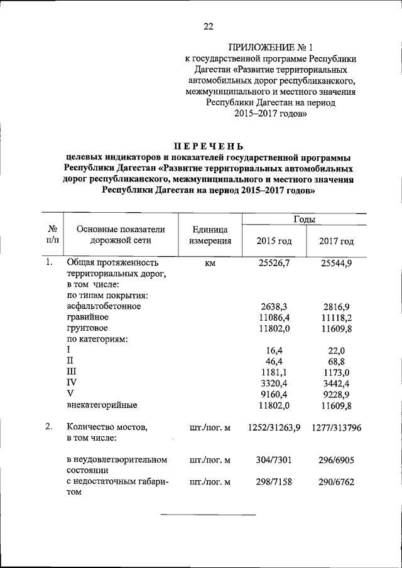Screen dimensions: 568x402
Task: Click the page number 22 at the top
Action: [x=209, y=26]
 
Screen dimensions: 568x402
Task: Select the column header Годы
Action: [x=304, y=219]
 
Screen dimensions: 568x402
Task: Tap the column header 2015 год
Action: [x=274, y=242]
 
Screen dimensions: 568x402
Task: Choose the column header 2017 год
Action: [x=336, y=242]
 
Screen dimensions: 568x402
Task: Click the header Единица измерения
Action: [x=210, y=235]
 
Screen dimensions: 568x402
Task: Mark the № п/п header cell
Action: [x=53, y=235]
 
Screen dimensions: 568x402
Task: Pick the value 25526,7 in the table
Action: [x=274, y=263]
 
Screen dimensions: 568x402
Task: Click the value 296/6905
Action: [x=336, y=461]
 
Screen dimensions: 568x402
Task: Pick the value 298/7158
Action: [x=274, y=482]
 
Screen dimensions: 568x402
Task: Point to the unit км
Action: [x=210, y=263]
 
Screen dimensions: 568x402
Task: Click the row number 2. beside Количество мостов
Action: [x=49, y=427]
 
